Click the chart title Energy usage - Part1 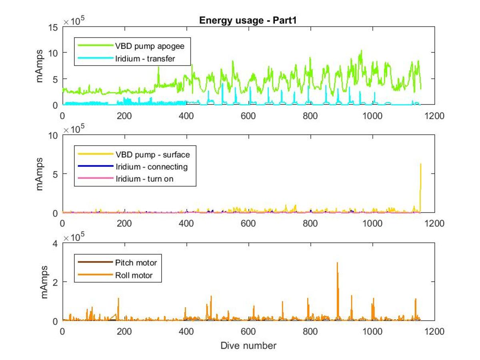tap(248, 20)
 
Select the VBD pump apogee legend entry tap(131, 46)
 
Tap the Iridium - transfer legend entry tap(126, 58)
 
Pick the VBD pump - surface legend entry tap(134, 154)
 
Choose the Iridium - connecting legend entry tap(133, 166)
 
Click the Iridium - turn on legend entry tap(126, 178)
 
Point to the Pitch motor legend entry tap(118, 262)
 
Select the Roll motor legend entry tap(115, 275)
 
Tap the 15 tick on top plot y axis tap(53, 28)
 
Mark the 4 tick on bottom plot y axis tap(55, 244)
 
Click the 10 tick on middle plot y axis tap(53, 136)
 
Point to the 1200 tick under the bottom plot tap(434, 331)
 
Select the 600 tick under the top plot tap(248, 116)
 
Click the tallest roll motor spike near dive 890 tap(337, 263)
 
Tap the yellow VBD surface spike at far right tap(420, 164)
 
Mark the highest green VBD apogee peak tap(361, 51)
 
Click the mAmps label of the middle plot tap(39, 174)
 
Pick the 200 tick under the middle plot tap(124, 224)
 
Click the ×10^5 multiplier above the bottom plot tap(74, 237)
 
